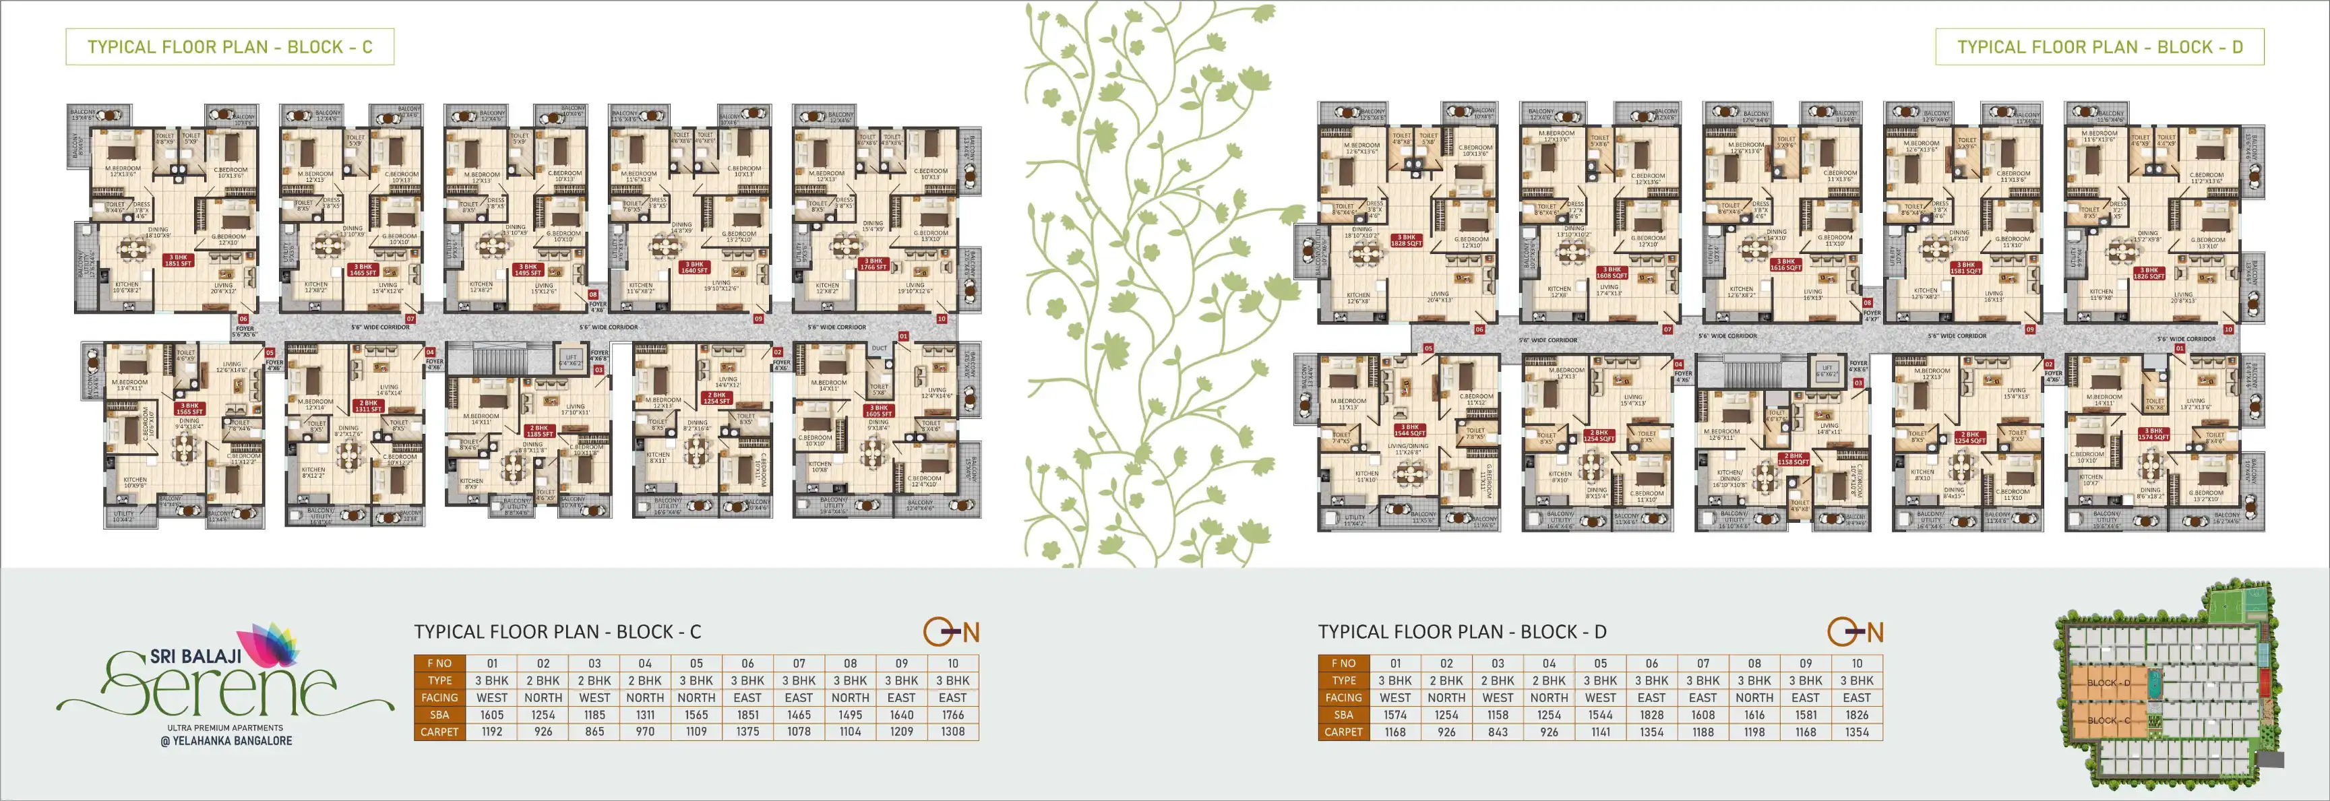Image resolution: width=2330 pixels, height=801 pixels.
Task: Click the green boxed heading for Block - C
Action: click(x=230, y=47)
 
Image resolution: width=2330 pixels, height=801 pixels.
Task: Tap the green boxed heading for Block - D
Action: click(x=2099, y=47)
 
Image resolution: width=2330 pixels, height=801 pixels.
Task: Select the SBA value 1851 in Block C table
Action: click(x=747, y=714)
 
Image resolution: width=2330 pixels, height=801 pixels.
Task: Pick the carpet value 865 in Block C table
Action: click(x=594, y=732)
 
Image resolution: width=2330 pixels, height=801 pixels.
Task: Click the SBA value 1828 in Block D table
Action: click(x=1651, y=714)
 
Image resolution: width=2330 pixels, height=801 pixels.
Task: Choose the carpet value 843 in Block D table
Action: click(x=1498, y=732)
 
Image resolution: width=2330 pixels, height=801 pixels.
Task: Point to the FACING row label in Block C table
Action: click(x=439, y=698)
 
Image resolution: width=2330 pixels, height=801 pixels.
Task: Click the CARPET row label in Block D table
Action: click(x=1343, y=732)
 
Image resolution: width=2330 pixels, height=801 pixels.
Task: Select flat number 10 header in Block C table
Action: click(x=952, y=664)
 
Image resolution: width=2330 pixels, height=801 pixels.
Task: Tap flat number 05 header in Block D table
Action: click(x=1600, y=664)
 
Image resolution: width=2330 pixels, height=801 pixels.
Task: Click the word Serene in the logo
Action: click(x=222, y=689)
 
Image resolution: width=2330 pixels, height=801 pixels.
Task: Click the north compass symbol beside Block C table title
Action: click(x=950, y=632)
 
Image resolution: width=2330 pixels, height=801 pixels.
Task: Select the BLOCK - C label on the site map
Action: click(x=2108, y=721)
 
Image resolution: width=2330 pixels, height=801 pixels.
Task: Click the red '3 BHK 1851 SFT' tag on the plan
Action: click(x=178, y=260)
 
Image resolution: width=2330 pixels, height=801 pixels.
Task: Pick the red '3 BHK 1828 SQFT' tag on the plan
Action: click(x=1407, y=241)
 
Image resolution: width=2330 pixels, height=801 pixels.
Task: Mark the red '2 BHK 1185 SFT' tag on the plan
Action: click(x=539, y=431)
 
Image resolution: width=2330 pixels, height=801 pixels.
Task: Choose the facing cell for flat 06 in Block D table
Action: click(x=1651, y=698)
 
